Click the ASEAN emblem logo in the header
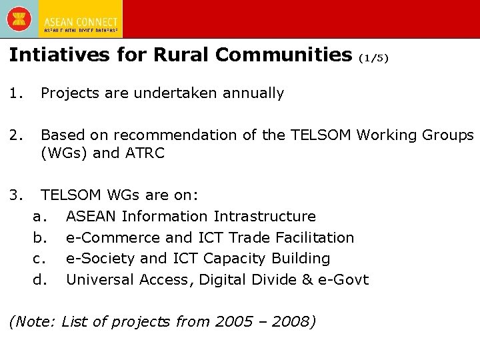pyautogui.click(x=19, y=18)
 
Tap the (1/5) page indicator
pyautogui.click(x=373, y=58)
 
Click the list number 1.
pyautogui.click(x=17, y=93)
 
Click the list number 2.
pyautogui.click(x=17, y=135)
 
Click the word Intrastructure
pyautogui.click(x=265, y=217)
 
